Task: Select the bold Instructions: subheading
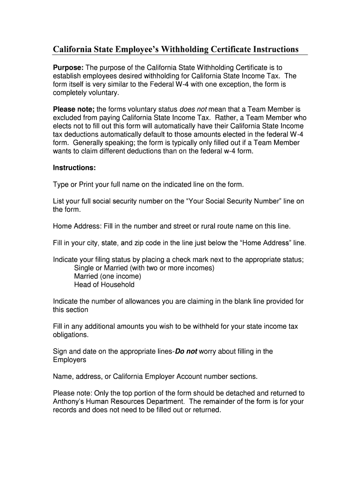click(x=74, y=167)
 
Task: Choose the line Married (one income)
click(x=108, y=276)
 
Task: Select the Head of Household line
click(x=104, y=284)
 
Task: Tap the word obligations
click(x=71, y=335)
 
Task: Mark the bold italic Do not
click(x=186, y=352)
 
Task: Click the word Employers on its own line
click(x=70, y=360)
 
